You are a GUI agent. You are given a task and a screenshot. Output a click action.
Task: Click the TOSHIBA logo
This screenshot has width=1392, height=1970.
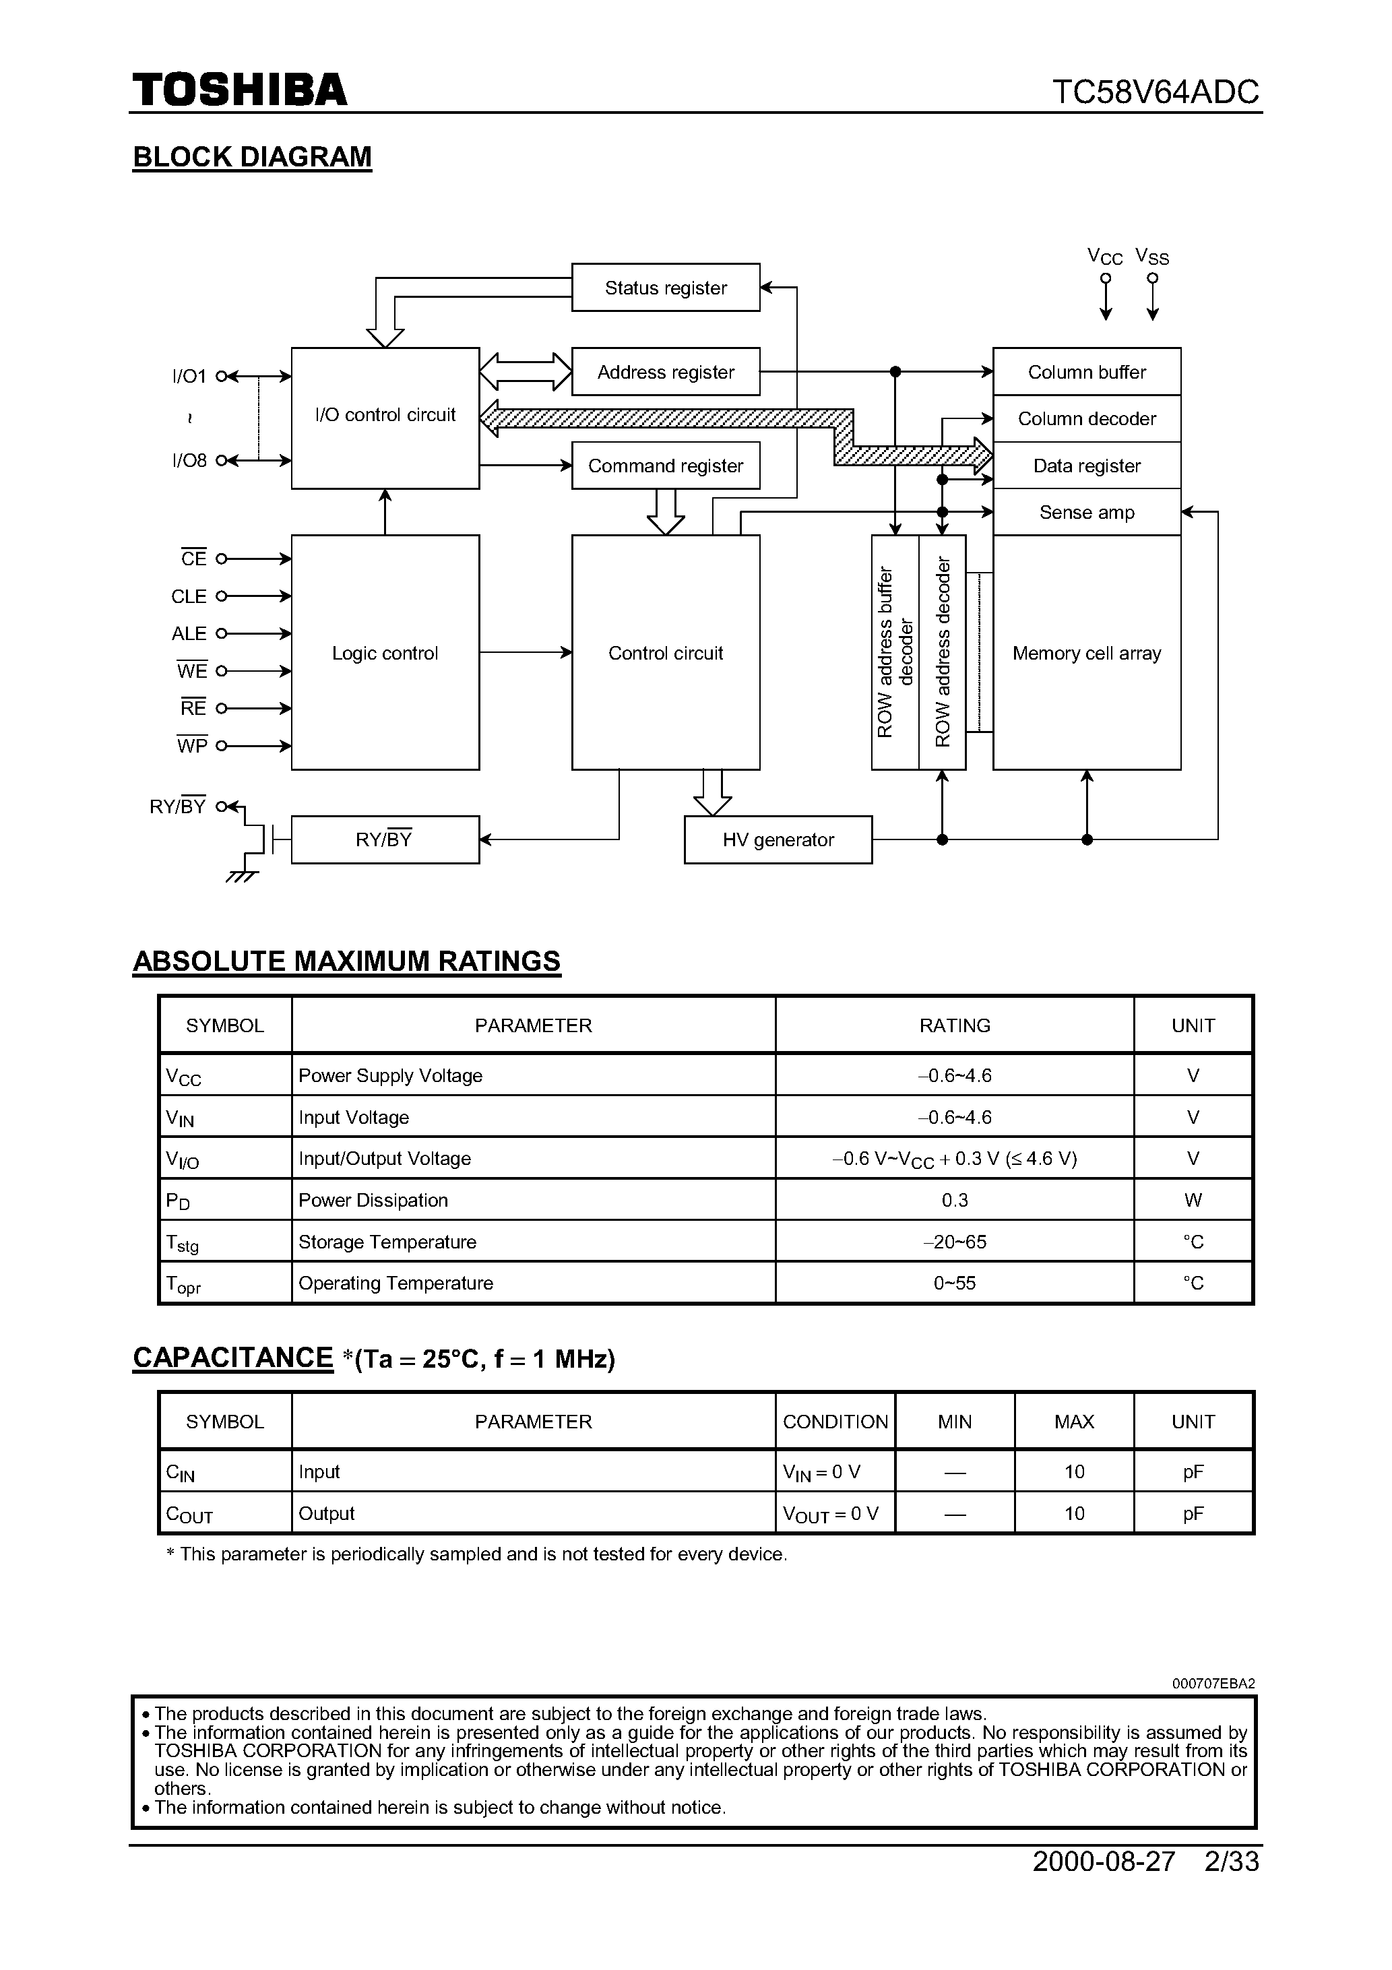(x=239, y=90)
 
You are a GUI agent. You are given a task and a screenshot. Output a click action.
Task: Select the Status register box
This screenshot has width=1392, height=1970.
(x=665, y=288)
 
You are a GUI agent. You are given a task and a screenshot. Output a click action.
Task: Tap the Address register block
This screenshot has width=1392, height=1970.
(x=665, y=371)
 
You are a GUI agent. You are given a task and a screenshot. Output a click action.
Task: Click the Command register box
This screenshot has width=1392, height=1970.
(x=665, y=466)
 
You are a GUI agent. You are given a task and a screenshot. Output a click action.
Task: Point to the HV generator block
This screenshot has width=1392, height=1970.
(x=778, y=840)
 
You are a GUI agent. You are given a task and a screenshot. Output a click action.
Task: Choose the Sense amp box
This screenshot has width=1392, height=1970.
(x=1087, y=512)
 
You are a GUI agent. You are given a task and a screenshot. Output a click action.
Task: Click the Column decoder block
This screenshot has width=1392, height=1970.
(x=1087, y=418)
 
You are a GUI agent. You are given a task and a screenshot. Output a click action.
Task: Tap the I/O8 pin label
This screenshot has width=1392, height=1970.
(x=189, y=461)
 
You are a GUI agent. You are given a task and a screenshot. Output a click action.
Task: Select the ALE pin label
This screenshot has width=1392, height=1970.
(x=189, y=634)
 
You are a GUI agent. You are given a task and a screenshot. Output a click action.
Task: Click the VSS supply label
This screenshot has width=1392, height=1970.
(x=1151, y=257)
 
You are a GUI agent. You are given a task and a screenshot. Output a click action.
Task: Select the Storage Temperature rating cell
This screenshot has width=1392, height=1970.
(x=954, y=1242)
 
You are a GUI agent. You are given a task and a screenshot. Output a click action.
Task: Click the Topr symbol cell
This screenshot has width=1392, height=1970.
(x=225, y=1283)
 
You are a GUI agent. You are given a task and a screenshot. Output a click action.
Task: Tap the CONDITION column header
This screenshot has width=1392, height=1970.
(x=835, y=1422)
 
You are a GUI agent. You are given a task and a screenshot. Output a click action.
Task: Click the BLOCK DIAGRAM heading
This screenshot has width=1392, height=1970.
(x=252, y=157)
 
